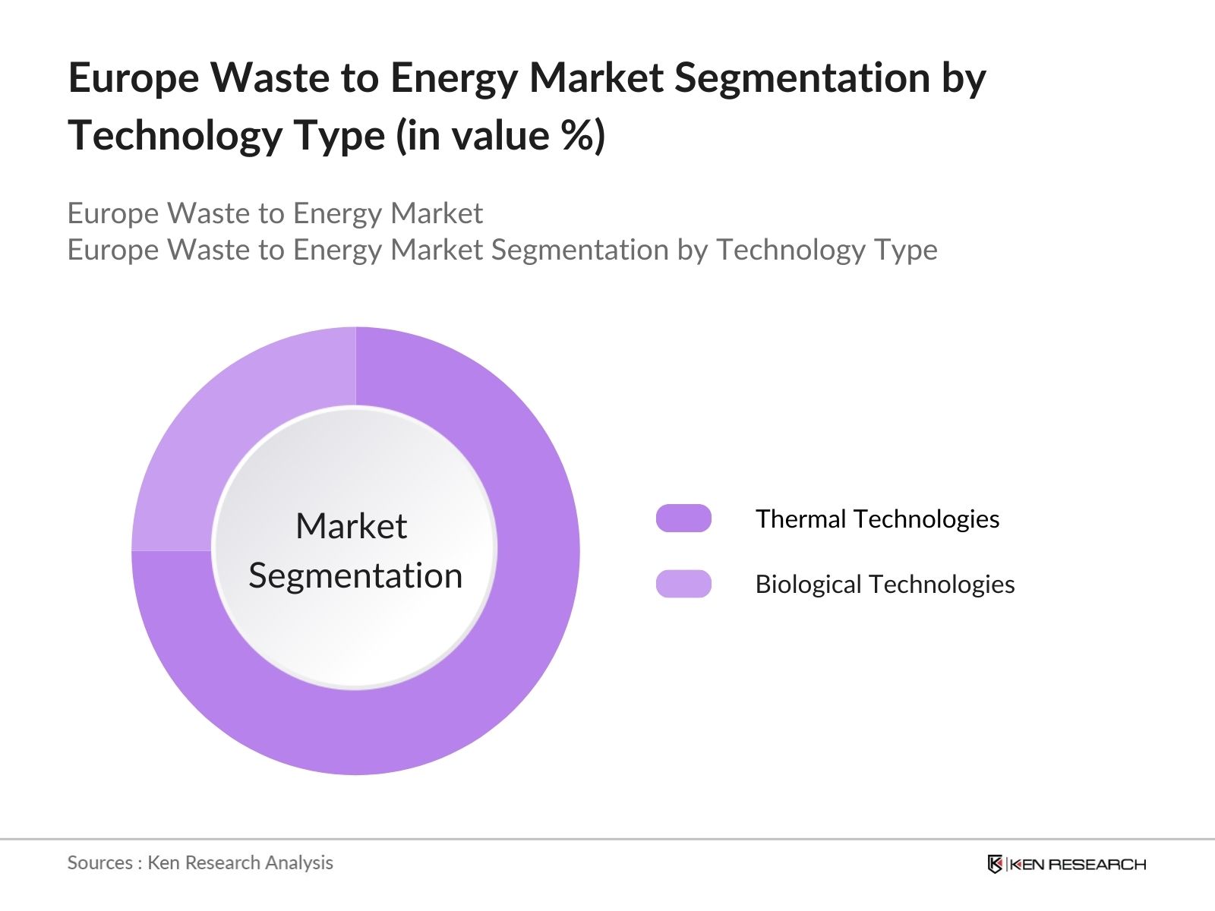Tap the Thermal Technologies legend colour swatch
coord(683,519)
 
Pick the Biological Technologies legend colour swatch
coord(683,584)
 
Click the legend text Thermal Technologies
coord(877,519)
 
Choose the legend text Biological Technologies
coord(885,584)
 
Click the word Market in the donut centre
coord(352,526)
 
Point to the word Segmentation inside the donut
coord(355,575)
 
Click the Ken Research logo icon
coord(995,864)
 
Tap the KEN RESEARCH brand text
coord(1077,864)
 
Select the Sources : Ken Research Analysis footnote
coord(200,862)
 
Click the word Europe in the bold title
coord(134,78)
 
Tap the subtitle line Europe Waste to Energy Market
coord(275,213)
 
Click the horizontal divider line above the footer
coord(607,840)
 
